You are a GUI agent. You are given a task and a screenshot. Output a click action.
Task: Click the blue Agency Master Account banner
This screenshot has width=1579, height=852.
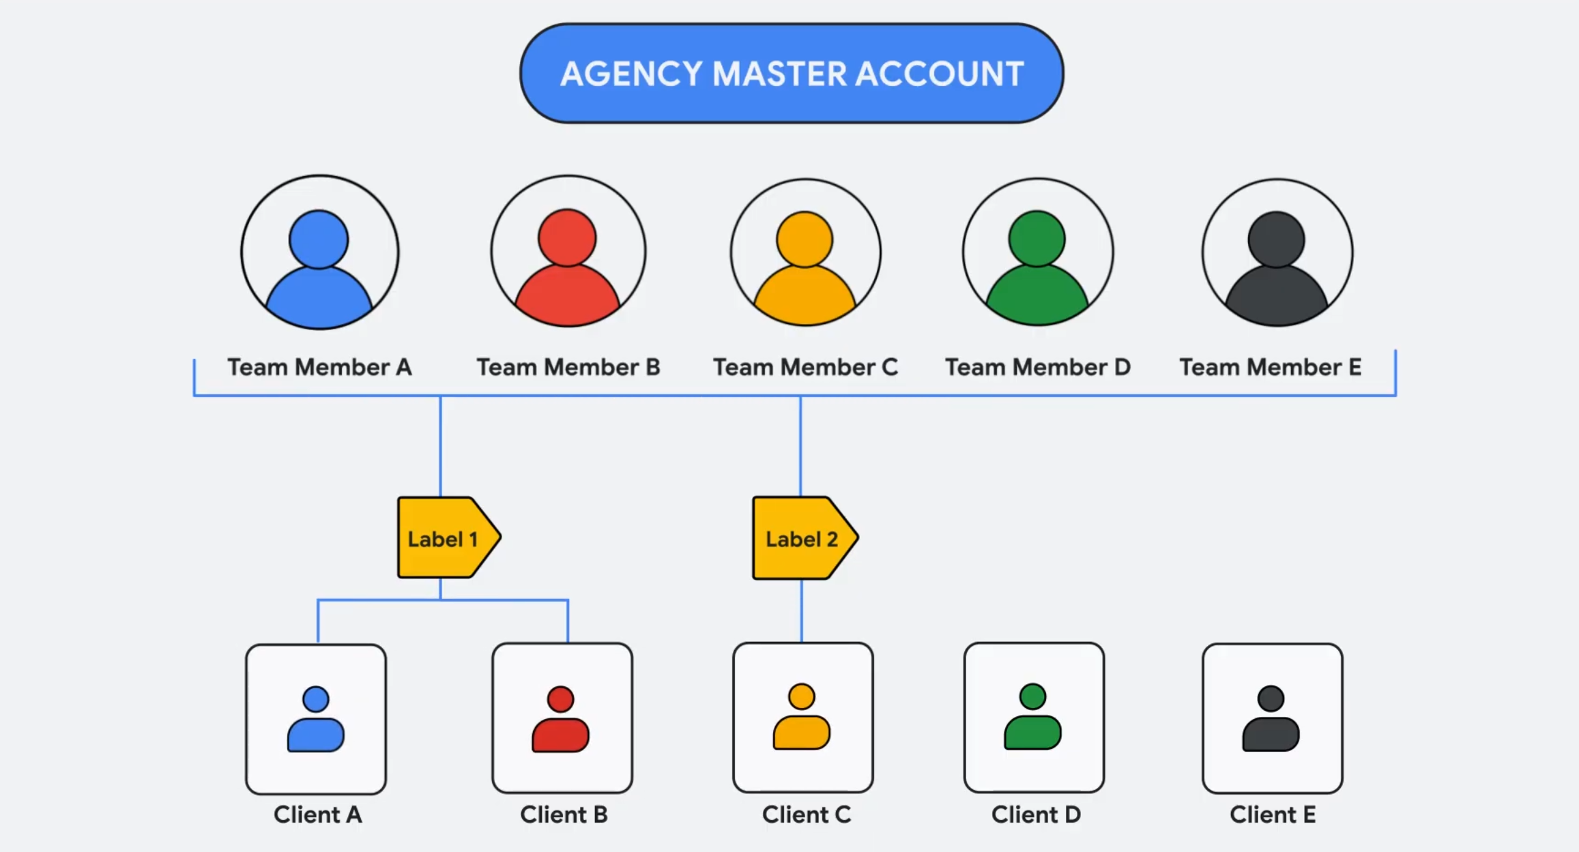click(x=792, y=74)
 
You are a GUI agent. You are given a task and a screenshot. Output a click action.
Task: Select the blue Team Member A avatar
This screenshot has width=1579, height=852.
click(x=319, y=252)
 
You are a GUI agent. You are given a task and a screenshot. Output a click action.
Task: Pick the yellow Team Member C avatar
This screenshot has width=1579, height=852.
click(x=805, y=252)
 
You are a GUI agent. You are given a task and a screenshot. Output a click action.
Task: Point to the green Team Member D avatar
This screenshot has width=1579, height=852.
click(x=1037, y=252)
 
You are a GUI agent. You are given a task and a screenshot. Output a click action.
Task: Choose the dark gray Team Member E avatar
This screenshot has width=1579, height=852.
click(x=1277, y=252)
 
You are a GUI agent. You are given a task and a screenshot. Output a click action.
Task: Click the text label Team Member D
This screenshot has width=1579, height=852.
click(x=1037, y=368)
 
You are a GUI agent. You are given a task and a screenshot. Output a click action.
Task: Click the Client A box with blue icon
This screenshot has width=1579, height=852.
click(x=316, y=719)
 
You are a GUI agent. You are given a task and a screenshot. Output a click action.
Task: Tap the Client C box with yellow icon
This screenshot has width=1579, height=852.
click(x=802, y=717)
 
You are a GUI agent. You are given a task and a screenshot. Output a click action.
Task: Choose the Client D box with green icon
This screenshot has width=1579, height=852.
click(x=1034, y=717)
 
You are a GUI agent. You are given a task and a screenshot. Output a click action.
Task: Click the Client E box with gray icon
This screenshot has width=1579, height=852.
click(x=1272, y=718)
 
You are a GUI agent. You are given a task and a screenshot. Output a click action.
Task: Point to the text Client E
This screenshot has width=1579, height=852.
click(x=1272, y=814)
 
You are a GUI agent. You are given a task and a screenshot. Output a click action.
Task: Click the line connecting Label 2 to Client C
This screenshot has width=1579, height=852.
click(x=802, y=611)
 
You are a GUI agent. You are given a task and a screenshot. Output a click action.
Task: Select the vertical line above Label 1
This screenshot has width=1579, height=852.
click(x=441, y=447)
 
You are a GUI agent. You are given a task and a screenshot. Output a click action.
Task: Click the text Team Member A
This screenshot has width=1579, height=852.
click(x=319, y=368)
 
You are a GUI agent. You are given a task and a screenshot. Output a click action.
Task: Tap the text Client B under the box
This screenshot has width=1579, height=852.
click(x=564, y=814)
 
